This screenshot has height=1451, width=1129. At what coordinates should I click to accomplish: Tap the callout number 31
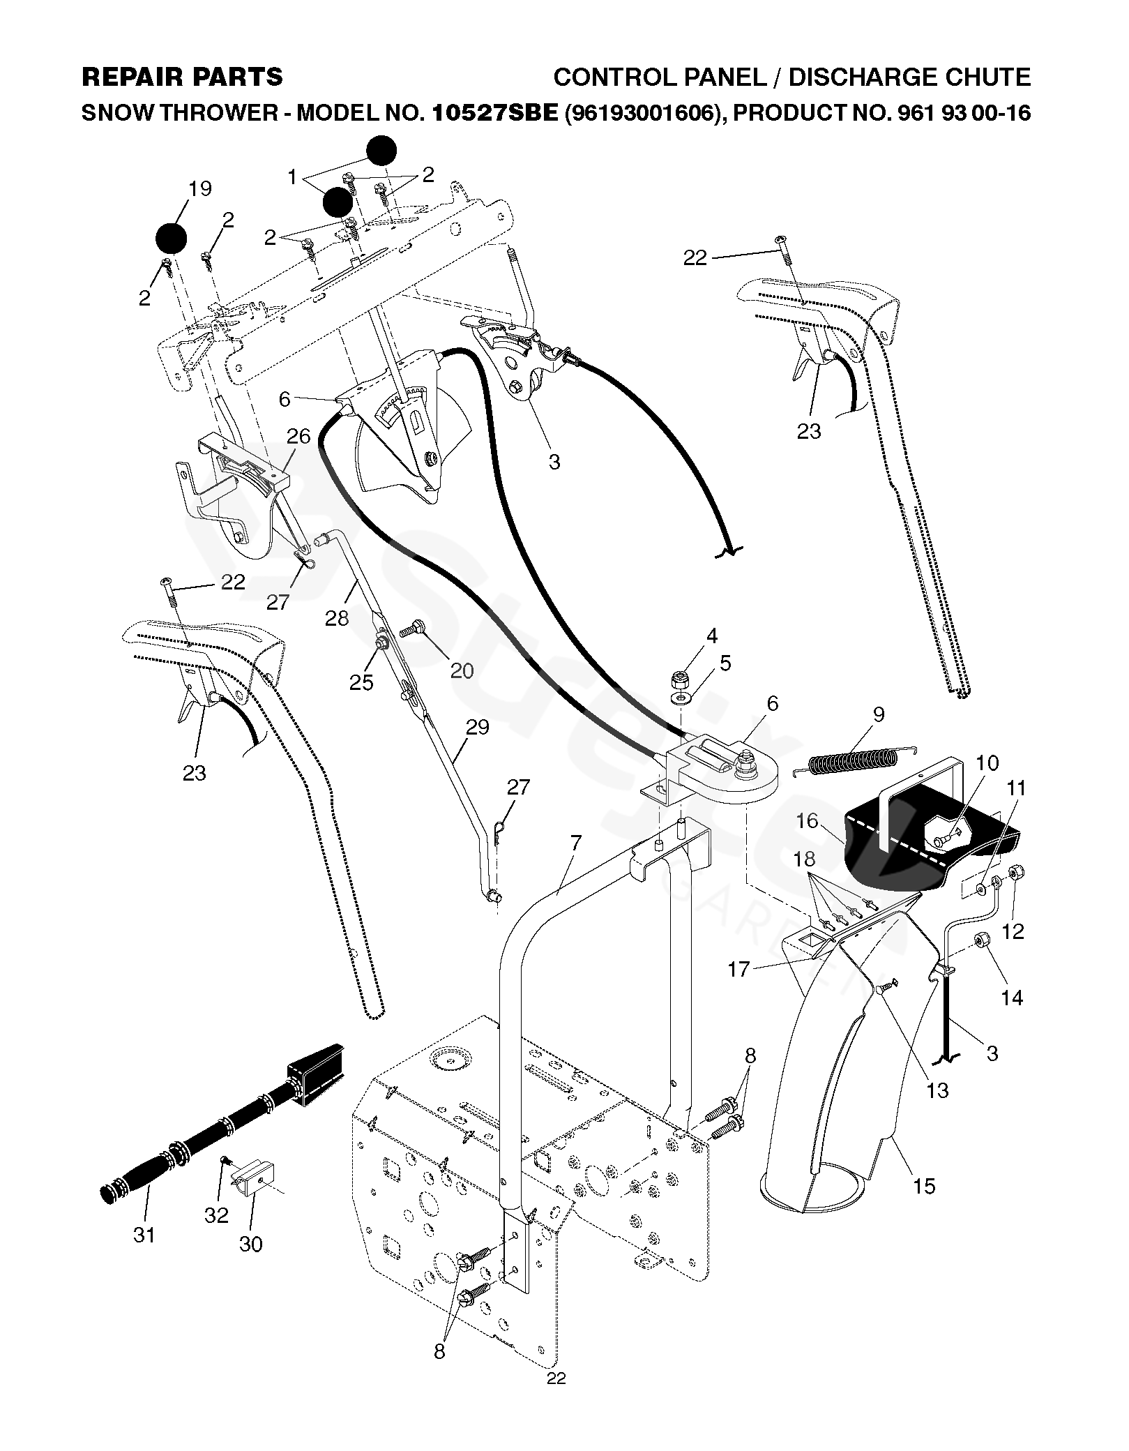point(144,1235)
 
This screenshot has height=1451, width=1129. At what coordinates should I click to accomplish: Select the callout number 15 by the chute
point(924,1185)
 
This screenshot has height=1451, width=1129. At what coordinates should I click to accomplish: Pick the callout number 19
point(199,188)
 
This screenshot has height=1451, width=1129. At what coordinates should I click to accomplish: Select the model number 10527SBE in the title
point(496,112)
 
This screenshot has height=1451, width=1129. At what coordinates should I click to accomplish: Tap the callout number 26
point(298,437)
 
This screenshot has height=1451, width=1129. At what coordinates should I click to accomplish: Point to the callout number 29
point(478,727)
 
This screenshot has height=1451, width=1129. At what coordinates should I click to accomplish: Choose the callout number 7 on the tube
point(575,842)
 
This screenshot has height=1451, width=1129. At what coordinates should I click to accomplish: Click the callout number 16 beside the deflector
point(807,820)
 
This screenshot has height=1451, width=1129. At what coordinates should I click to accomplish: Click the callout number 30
point(250,1244)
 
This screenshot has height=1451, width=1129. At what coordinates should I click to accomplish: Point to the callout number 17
point(738,969)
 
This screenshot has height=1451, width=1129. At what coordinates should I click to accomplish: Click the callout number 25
point(361,682)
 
